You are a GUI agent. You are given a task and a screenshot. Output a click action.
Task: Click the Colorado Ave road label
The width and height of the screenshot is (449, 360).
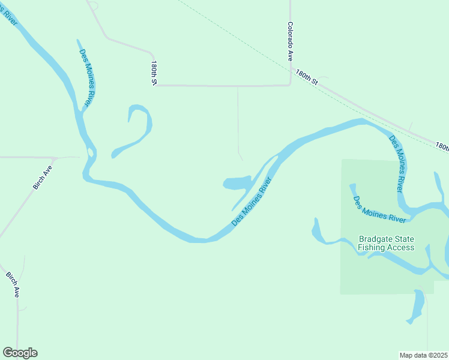point(290,42)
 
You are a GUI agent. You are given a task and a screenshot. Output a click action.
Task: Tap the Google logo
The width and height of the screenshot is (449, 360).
point(20,353)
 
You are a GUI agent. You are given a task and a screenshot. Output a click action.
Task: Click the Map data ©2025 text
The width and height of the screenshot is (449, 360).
point(423,355)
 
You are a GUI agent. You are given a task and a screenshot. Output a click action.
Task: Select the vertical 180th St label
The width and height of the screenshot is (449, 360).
point(154,73)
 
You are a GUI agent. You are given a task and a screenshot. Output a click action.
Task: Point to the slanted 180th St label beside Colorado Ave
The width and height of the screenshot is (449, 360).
point(306,76)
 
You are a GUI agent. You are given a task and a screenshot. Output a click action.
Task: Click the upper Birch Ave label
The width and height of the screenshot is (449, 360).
point(43,177)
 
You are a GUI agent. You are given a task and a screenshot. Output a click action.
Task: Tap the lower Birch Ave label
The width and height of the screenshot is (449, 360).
point(13,285)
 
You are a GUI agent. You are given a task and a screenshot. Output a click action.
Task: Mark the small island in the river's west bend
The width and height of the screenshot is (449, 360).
point(91,152)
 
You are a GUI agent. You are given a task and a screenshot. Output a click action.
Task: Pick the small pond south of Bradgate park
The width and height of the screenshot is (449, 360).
point(416,306)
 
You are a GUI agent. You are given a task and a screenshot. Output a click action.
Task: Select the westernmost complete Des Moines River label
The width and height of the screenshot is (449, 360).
point(85,77)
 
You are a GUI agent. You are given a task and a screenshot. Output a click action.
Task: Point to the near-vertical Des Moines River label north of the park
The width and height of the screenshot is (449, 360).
point(397,163)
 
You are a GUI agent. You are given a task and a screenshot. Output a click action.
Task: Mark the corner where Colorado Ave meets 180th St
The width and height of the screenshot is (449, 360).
point(291,84)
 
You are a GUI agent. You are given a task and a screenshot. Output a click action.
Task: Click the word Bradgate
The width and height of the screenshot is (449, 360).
point(376,239)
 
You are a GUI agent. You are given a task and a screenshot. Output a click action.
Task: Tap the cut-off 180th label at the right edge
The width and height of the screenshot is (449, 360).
point(442,146)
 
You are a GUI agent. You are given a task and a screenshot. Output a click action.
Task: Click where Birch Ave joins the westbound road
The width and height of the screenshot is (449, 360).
point(55,158)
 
